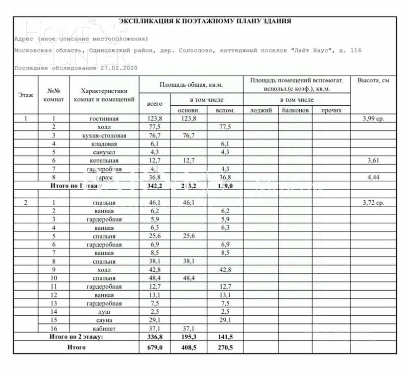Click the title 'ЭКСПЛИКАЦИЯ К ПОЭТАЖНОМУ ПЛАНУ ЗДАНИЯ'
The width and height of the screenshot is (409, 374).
(x=205, y=21)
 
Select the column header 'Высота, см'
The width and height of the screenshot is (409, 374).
(x=373, y=81)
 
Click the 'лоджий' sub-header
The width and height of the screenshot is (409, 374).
(x=260, y=110)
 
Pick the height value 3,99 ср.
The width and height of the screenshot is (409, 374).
(x=373, y=119)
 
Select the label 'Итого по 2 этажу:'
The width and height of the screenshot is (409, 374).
(x=76, y=337)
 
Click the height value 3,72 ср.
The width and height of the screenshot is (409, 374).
(x=373, y=203)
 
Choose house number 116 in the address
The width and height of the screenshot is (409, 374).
(x=355, y=51)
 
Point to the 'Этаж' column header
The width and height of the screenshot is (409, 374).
(x=26, y=95)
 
